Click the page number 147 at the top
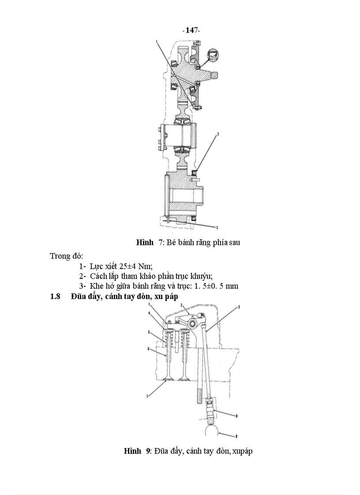click(x=191, y=30)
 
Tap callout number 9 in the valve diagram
click(x=237, y=436)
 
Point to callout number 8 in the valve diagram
click(x=237, y=415)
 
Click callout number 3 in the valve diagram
click(x=239, y=306)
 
